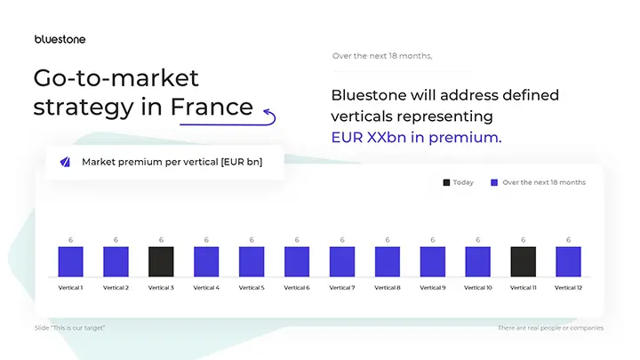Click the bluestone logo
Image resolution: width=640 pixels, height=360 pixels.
click(60, 39)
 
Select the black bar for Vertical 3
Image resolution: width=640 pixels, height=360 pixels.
click(161, 260)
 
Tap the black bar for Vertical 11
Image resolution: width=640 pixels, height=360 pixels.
click(523, 260)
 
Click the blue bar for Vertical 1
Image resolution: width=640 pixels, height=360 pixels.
click(70, 260)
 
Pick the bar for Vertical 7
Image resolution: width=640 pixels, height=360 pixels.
click(341, 260)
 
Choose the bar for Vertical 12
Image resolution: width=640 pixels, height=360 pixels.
click(568, 260)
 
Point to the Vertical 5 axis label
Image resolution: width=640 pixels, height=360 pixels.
click(252, 288)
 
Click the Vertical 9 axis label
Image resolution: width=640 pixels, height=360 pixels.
click(432, 288)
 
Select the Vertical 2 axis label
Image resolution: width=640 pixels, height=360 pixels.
click(116, 288)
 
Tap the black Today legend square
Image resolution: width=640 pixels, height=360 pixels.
click(446, 182)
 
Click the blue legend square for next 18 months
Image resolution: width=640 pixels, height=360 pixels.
click(495, 182)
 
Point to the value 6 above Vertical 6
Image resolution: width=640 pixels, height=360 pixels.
click(297, 240)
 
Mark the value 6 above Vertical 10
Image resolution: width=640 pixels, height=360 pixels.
click(477, 240)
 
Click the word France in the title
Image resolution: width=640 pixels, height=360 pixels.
click(212, 107)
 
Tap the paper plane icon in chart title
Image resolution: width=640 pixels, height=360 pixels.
click(65, 162)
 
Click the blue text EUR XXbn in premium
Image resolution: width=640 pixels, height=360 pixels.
click(416, 138)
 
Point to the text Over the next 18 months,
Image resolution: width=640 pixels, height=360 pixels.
click(382, 56)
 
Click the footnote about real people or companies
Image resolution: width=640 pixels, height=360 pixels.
click(551, 327)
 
